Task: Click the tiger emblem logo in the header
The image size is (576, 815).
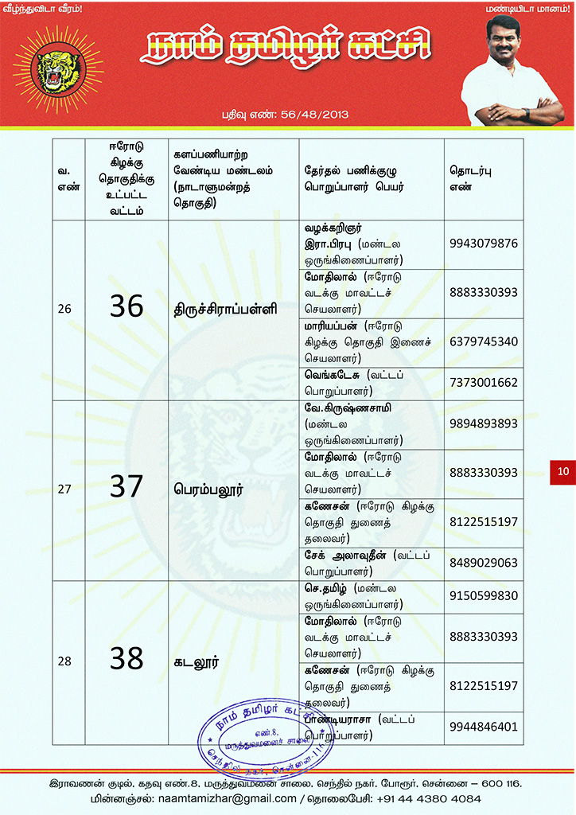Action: [58, 70]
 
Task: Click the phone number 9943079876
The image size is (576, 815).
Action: [484, 243]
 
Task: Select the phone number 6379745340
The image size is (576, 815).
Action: [484, 341]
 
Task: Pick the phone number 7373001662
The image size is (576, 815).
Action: [484, 383]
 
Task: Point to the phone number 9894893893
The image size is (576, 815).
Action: [484, 423]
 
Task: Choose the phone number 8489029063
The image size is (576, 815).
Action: [484, 563]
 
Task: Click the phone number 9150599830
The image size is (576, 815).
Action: [484, 595]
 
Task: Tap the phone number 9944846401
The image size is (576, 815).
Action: [484, 727]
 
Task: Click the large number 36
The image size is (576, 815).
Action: [126, 306]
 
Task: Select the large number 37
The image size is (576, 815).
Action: [126, 487]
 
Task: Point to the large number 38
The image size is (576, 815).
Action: [126, 659]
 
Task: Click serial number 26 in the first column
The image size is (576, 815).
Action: [64, 309]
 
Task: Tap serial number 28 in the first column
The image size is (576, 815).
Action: [64, 661]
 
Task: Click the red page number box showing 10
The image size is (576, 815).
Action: [562, 472]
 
